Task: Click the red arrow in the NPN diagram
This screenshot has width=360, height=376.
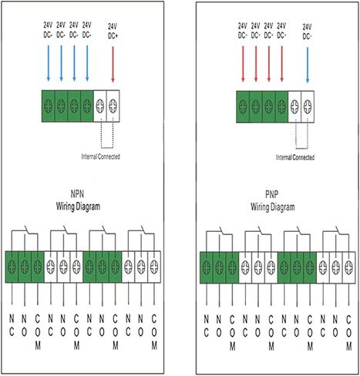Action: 113,64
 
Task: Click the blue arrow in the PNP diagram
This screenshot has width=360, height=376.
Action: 308,65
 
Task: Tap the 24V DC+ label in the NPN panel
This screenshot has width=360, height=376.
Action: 113,32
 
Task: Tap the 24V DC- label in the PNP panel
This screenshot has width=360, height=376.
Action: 308,32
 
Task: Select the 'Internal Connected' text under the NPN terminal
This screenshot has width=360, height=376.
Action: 101,156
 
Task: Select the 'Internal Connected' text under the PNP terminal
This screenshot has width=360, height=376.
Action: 295,157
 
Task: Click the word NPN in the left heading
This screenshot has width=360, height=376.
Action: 77,194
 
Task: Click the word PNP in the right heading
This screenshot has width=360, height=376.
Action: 272,195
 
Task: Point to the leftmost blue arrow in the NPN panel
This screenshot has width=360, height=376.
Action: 48,63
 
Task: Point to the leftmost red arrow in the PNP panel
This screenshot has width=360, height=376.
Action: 243,64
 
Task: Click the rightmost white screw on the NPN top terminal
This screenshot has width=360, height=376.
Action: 113,106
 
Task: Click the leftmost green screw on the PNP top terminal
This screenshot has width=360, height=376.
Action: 243,106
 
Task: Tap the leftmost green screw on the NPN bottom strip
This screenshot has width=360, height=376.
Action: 12,267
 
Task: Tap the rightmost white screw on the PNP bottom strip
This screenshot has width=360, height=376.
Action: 348,267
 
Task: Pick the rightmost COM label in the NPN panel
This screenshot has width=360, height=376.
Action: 154,332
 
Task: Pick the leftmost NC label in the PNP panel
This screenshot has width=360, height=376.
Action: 206,327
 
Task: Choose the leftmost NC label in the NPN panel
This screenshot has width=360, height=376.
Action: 12,326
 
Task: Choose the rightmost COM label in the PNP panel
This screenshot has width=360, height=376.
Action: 348,333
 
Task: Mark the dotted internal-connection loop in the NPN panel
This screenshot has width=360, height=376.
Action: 107,148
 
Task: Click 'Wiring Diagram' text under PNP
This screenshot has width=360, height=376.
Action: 273,207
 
